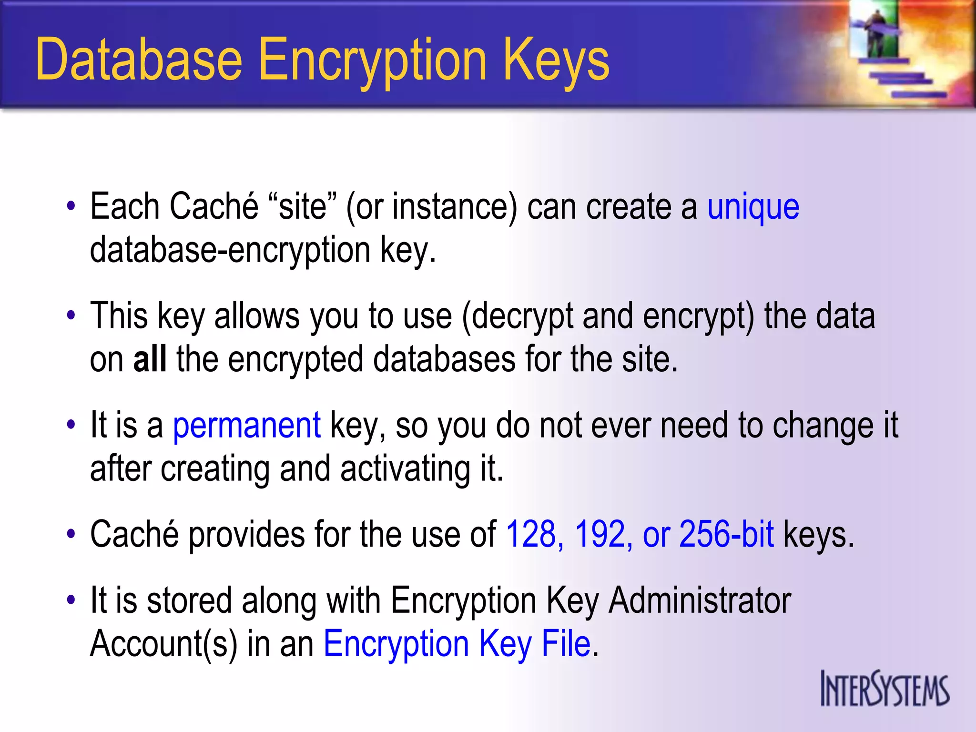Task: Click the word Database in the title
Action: click(139, 60)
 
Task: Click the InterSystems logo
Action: click(884, 689)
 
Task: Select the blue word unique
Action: click(753, 208)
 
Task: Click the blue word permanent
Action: click(246, 425)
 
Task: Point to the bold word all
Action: click(150, 359)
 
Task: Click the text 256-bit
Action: click(726, 535)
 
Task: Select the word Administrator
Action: click(700, 600)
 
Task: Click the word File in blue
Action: click(566, 644)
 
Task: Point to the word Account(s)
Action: click(163, 644)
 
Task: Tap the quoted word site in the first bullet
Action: click(302, 208)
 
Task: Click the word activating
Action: click(405, 469)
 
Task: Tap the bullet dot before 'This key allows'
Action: click(71, 315)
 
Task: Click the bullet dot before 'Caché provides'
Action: click(71, 534)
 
